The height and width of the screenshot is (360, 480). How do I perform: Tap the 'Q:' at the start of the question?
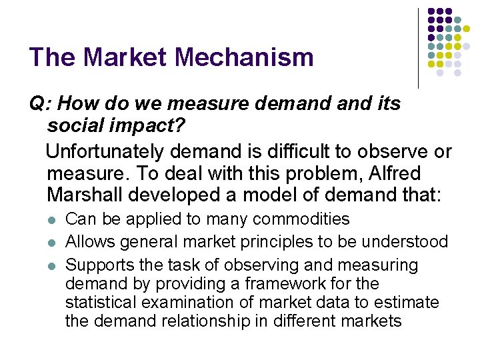(41, 104)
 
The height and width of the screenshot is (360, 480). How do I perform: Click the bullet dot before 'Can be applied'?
(52, 220)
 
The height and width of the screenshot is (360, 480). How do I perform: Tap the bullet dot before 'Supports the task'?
(52, 266)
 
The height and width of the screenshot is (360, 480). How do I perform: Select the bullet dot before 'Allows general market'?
(52, 243)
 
